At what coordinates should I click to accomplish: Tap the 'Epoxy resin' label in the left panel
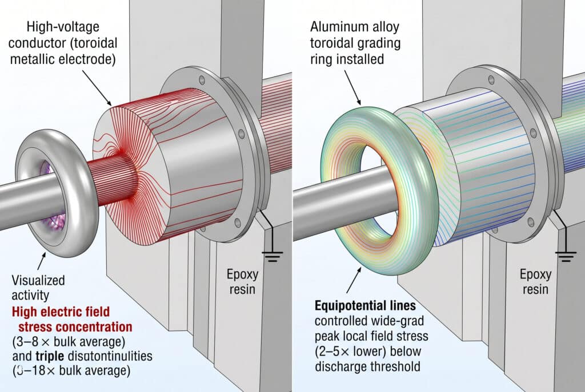pos(242,282)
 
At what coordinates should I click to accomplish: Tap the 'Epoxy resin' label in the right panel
pos(535,282)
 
